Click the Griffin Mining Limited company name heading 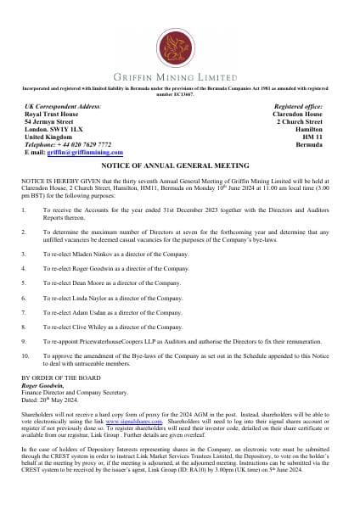[181, 74]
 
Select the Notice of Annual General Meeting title [181, 165]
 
